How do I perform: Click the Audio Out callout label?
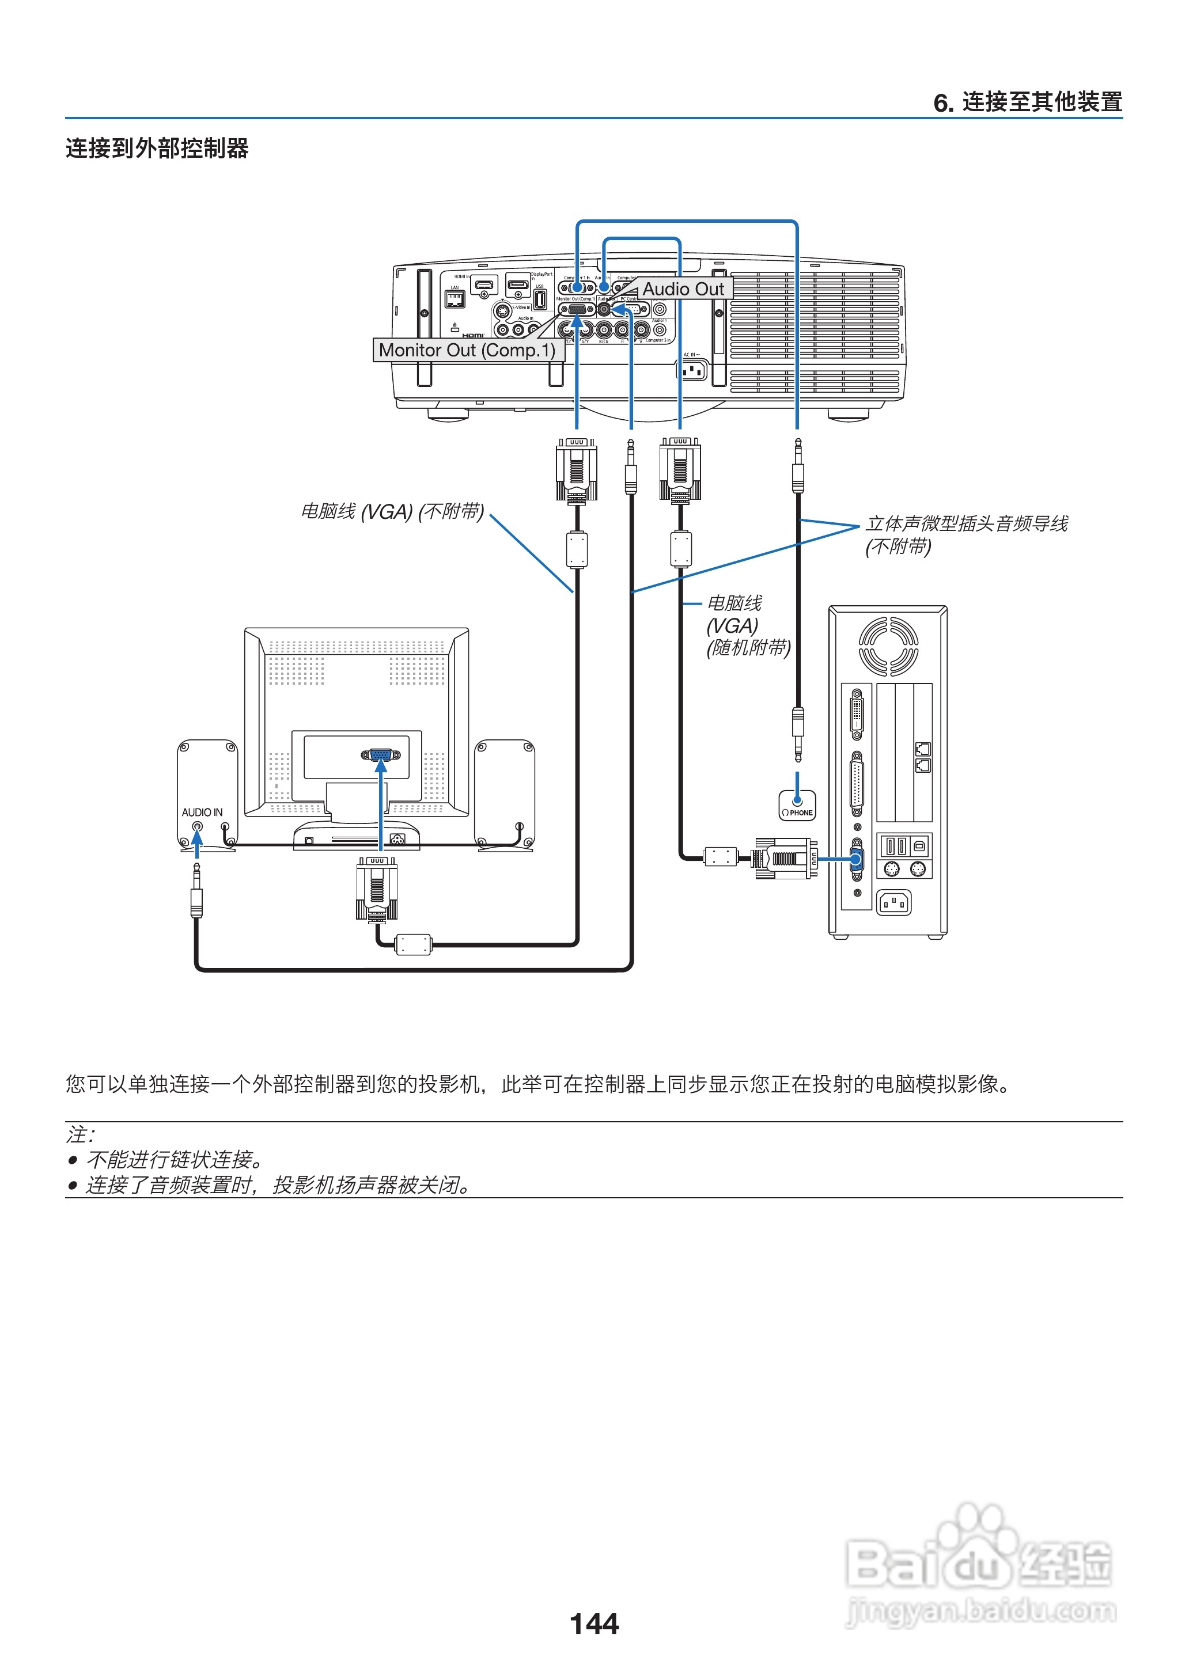pos(683,289)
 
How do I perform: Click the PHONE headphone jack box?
pos(797,806)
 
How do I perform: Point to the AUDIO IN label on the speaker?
pos(202,813)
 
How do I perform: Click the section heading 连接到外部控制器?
pos(157,149)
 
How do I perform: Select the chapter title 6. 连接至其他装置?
pos(1027,102)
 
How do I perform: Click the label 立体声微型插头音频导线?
pos(967,524)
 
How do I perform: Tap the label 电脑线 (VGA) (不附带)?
pos(392,511)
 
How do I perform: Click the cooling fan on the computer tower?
pos(888,646)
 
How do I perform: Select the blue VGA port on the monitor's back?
pos(381,754)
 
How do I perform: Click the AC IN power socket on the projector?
pos(691,370)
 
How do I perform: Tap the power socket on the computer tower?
pos(894,902)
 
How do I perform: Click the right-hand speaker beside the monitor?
pos(505,794)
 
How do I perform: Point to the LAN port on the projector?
pos(455,298)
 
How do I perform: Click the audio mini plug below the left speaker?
pos(196,892)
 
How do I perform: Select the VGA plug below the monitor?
pos(376,889)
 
